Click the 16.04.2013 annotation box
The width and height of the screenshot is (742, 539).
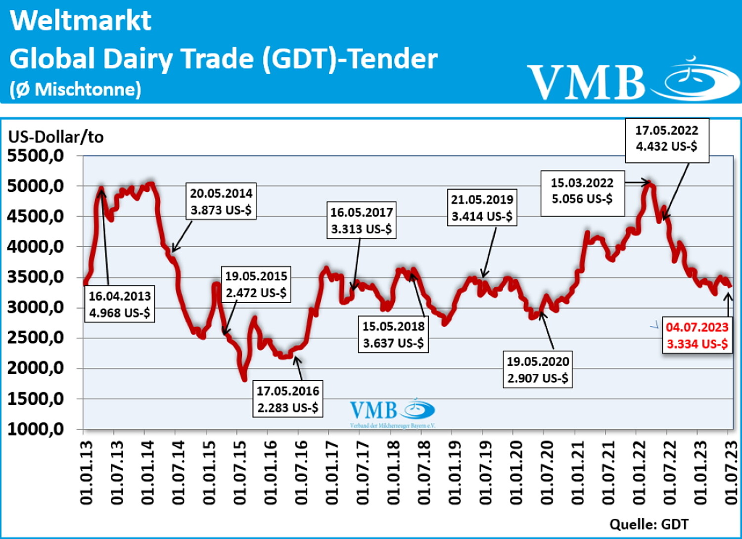click(x=120, y=304)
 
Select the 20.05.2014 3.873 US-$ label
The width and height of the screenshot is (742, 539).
click(x=221, y=201)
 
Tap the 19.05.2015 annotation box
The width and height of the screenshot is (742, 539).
click(x=256, y=284)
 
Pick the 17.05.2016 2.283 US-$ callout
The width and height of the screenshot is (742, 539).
click(x=288, y=399)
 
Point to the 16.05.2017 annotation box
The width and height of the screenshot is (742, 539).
click(x=361, y=221)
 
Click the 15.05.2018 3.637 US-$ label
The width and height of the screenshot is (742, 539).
click(x=393, y=335)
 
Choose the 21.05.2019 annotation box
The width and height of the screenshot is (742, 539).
click(x=482, y=208)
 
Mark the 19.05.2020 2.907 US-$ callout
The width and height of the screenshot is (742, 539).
click(x=538, y=370)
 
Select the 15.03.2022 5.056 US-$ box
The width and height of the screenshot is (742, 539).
click(x=582, y=191)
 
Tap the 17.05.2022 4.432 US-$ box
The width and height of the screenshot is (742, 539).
click(x=667, y=138)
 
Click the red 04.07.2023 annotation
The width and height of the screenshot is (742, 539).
click(x=697, y=335)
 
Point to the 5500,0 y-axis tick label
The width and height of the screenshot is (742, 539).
click(x=36, y=156)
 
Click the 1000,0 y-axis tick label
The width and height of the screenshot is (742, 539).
click(x=36, y=429)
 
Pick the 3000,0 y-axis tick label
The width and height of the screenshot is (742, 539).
click(x=36, y=307)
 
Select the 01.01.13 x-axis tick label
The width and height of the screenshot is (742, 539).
click(x=86, y=472)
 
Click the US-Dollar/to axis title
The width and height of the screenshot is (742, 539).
click(x=56, y=136)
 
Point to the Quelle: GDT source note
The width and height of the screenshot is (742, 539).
click(x=649, y=524)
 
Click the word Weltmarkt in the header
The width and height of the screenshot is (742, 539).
click(x=81, y=21)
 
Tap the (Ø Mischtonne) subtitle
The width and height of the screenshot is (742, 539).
click(x=75, y=90)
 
